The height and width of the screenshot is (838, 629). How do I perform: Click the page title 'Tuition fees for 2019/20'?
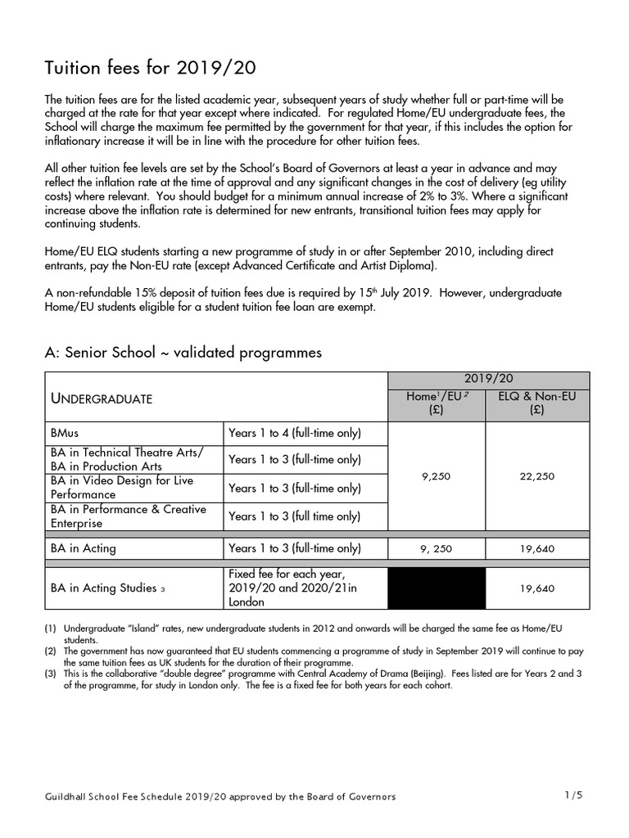pos(144,68)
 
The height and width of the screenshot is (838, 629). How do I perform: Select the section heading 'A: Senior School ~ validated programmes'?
pos(183,353)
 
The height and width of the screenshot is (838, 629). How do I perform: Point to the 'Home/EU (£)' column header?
pos(437,404)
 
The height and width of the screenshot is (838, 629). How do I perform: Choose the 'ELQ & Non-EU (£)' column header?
pos(536,404)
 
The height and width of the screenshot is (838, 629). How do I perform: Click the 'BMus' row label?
pos(66,433)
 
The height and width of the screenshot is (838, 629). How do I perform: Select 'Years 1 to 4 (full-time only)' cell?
pos(294,433)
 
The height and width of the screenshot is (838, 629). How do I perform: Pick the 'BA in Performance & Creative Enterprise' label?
pos(128,516)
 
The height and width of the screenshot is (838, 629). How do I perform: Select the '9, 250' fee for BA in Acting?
pos(437,549)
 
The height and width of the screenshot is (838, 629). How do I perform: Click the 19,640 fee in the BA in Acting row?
pos(536,549)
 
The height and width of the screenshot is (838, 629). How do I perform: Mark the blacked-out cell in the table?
pos(437,588)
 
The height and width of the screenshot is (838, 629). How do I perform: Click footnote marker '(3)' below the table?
pos(51,674)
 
